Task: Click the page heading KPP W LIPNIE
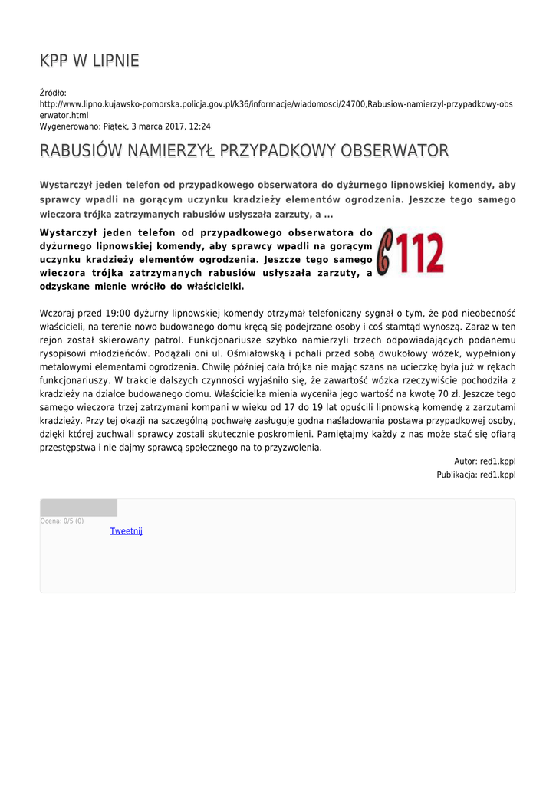point(89,61)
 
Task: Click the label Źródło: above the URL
point(54,93)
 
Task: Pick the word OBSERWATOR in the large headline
point(395,150)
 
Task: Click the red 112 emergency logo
point(412,253)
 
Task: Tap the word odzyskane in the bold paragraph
point(65,286)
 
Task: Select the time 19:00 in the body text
point(120,313)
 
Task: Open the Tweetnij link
point(126,531)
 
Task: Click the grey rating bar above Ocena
point(79,507)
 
